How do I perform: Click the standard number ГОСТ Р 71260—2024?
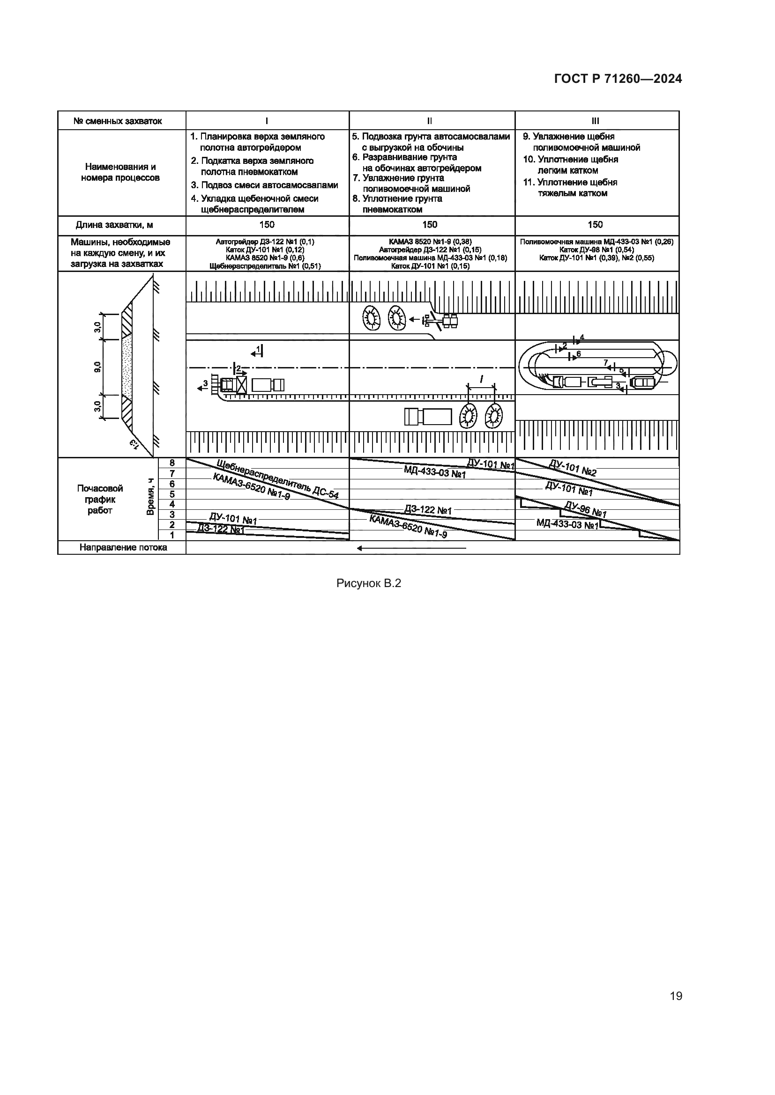tap(618, 79)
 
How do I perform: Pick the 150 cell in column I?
tap(267, 225)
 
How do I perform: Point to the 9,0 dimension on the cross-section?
tap(98, 367)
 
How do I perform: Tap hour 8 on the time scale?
tap(172, 463)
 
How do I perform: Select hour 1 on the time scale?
tap(172, 535)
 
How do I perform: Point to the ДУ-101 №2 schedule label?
tap(572, 468)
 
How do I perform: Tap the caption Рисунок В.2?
tap(368, 583)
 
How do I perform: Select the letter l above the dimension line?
tap(481, 380)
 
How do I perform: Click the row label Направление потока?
tap(123, 548)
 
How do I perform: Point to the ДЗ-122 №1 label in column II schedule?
tap(428, 510)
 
